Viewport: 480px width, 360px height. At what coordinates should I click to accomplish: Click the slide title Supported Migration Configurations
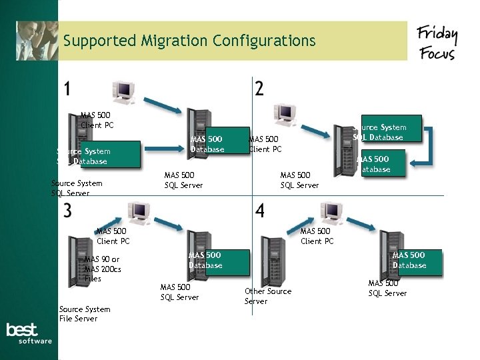coord(189,41)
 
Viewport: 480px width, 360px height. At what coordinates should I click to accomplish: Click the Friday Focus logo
coord(437,43)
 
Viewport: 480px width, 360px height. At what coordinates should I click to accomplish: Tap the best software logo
coord(29,333)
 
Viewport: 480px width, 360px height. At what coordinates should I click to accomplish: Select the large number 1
coord(68,89)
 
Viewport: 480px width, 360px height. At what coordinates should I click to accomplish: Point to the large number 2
coord(259,89)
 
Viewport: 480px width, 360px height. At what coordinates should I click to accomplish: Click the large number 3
coord(68,211)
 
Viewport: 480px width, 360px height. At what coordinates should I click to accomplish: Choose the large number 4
coord(259,211)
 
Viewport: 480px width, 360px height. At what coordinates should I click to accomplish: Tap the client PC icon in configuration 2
coord(285,113)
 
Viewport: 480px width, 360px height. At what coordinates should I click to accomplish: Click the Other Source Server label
coord(268,296)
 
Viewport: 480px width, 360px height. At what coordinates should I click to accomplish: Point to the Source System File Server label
coord(85,313)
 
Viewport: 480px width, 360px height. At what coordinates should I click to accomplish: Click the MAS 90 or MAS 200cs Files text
coord(103,269)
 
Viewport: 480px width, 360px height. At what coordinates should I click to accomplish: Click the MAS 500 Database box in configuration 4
coord(409,261)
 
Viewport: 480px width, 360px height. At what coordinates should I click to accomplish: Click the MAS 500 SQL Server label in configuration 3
coord(179,292)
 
